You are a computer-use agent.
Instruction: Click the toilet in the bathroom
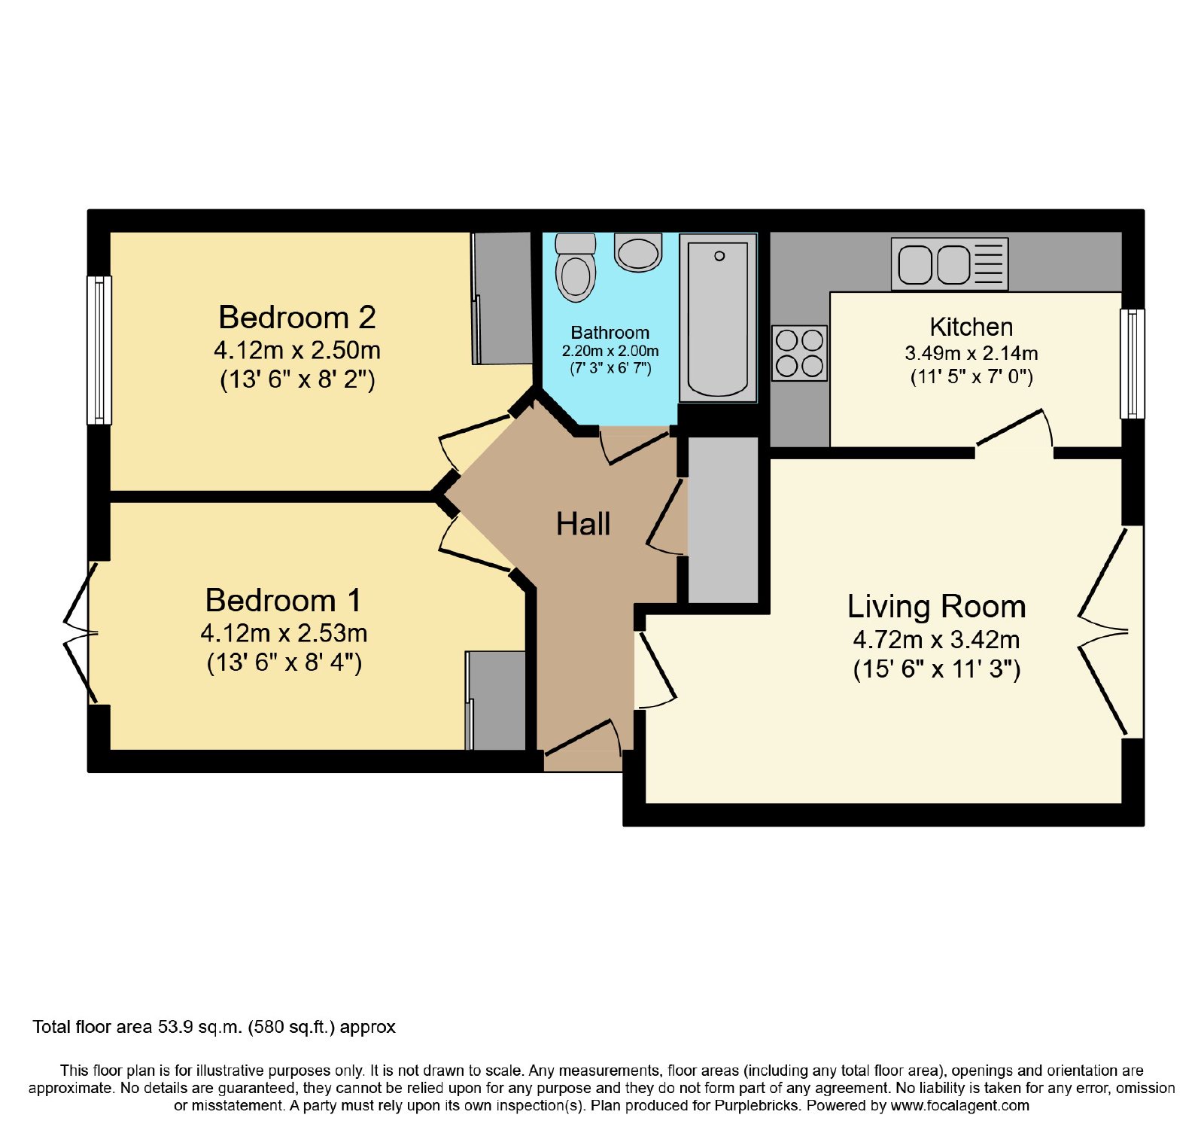[x=576, y=267]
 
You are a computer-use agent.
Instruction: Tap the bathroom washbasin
[x=638, y=252]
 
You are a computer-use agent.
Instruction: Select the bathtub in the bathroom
[x=718, y=318]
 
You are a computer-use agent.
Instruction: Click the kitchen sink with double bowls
[x=950, y=264]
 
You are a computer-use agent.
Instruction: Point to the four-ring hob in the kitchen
[x=799, y=353]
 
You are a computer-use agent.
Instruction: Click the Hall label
[x=583, y=524]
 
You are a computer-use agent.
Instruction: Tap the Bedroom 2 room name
[x=297, y=317]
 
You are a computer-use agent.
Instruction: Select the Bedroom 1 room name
[x=284, y=600]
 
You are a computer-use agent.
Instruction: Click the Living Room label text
[x=937, y=606]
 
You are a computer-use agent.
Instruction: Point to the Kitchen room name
[x=971, y=327]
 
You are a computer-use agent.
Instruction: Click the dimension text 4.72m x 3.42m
[x=937, y=640]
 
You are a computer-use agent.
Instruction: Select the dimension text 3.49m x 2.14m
[x=971, y=353]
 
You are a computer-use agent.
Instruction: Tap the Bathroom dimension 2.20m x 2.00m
[x=610, y=351]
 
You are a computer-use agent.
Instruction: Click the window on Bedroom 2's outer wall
[x=99, y=350]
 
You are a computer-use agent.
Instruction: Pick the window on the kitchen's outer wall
[x=1133, y=364]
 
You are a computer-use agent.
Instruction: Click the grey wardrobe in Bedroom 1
[x=496, y=701]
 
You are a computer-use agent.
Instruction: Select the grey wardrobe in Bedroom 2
[x=502, y=298]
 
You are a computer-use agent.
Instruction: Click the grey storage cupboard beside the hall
[x=723, y=520]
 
